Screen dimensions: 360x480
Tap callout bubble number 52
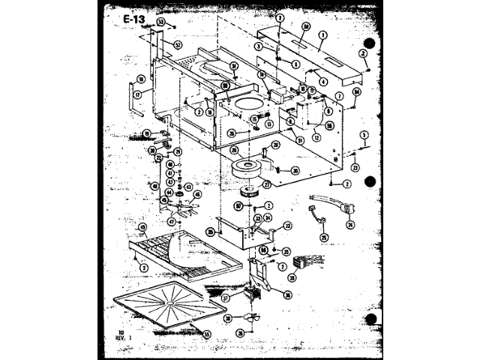pyautogui.click(x=178, y=45)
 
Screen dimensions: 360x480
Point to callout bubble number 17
pyautogui.click(x=137, y=95)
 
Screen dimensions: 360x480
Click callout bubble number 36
pyautogui.click(x=286, y=294)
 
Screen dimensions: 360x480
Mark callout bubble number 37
pyautogui.click(x=225, y=298)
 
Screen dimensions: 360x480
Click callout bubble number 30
pyautogui.click(x=295, y=171)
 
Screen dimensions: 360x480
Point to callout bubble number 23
pyautogui.click(x=355, y=167)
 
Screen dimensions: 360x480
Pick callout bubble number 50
pyautogui.click(x=306, y=26)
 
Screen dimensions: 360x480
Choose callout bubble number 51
pyautogui.click(x=299, y=139)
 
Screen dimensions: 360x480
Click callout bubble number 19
pyautogui.click(x=147, y=133)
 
